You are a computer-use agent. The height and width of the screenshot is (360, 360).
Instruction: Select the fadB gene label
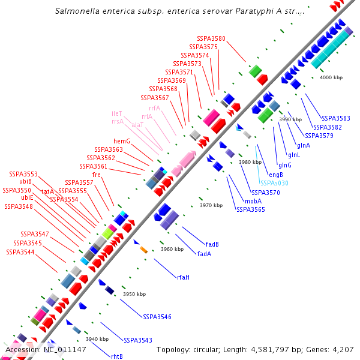coord(212,244)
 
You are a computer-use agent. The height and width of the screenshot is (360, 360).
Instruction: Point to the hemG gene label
coord(122,141)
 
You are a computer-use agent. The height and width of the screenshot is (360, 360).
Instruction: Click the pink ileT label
coord(117,113)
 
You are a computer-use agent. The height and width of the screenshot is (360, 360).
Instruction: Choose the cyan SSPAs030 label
coord(274,183)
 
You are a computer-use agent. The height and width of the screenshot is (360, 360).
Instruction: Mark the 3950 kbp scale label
coord(134,294)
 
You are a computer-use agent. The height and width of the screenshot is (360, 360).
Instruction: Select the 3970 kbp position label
coord(211,205)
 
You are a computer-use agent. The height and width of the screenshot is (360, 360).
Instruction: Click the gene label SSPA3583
coord(336,118)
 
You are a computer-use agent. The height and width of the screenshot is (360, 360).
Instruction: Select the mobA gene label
coord(253,201)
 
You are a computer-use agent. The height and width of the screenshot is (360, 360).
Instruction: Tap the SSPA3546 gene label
coord(157,316)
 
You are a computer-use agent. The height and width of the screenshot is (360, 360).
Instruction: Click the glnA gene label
coord(303,145)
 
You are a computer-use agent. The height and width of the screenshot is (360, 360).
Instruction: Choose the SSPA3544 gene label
coord(20,252)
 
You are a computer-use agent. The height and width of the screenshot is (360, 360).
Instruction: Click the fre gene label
coord(96,174)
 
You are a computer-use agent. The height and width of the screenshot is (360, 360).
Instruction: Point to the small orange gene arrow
coord(144,249)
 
